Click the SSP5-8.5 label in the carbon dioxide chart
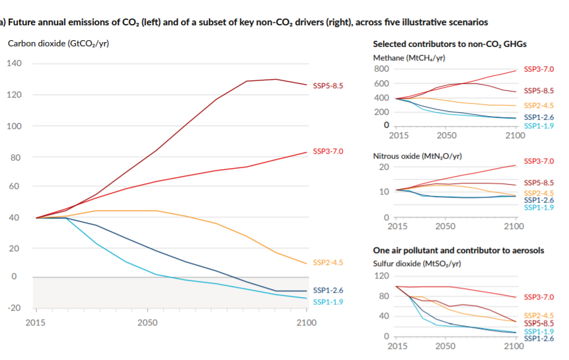(x=328, y=85)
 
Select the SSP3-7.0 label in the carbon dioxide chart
(x=328, y=151)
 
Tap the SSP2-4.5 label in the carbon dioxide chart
(x=328, y=263)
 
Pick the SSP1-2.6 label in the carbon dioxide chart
(x=328, y=290)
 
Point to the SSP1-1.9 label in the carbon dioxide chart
(x=328, y=302)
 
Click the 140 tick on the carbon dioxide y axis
(x=14, y=64)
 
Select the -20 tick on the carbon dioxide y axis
(x=13, y=308)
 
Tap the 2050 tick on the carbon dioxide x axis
(x=147, y=323)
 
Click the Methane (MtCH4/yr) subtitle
(x=409, y=57)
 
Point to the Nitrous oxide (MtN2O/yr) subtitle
(x=417, y=156)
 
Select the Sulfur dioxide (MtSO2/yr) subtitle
(x=416, y=264)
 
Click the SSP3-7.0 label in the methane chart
(x=539, y=69)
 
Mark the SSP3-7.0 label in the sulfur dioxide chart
(x=539, y=297)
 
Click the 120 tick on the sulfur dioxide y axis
(x=381, y=275)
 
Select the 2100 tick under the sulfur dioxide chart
(x=513, y=346)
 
